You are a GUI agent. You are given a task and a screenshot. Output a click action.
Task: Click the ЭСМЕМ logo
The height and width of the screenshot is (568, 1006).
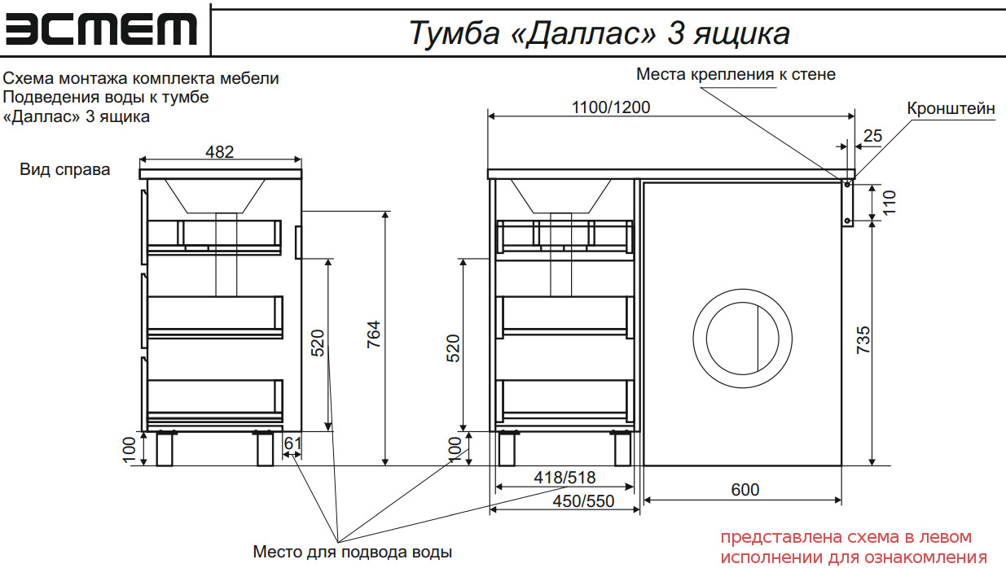101,28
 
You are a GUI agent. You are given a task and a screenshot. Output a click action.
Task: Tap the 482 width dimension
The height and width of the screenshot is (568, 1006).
220,151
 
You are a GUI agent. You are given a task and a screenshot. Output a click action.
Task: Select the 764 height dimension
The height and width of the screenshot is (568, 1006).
374,334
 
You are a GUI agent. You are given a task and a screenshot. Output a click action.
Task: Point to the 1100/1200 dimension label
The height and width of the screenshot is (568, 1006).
611,107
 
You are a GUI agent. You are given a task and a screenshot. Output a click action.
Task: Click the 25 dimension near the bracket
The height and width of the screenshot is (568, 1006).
872,136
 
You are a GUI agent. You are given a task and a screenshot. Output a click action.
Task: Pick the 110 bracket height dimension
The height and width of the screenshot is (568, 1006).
890,203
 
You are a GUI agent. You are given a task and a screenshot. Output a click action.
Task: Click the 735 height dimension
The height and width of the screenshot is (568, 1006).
863,339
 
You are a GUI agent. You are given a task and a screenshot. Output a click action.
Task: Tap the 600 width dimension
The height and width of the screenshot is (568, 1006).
745,490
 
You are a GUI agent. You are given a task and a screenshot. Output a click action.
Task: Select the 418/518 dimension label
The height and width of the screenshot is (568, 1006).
565,478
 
